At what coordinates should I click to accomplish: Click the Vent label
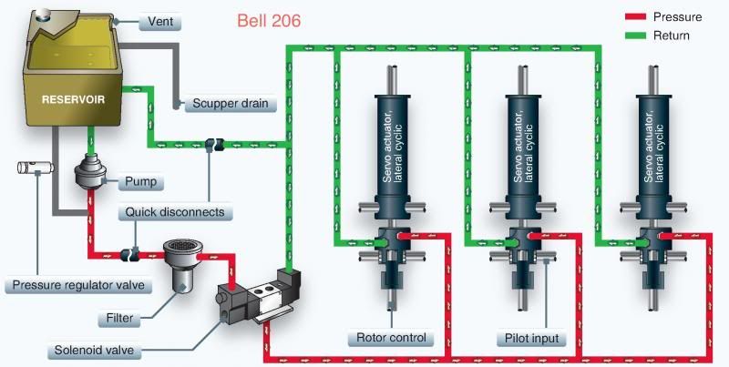159,21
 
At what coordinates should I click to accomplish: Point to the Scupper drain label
231,103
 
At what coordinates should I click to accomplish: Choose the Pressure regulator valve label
77,286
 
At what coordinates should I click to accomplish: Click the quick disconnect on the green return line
214,143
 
